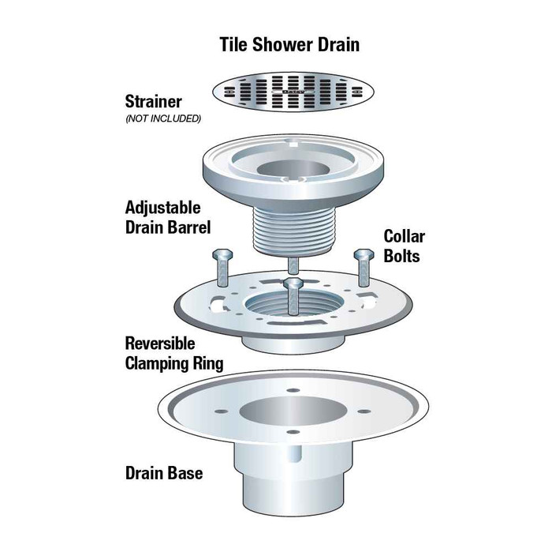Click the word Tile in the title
tap(236, 44)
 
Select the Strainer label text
tap(153, 102)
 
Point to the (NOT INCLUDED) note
tap(163, 119)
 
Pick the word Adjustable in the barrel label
tap(162, 208)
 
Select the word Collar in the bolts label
tap(405, 236)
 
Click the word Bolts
tap(402, 256)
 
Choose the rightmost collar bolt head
tap(364, 255)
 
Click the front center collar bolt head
tap(294, 283)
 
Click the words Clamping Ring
tap(174, 364)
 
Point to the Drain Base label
tap(164, 474)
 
